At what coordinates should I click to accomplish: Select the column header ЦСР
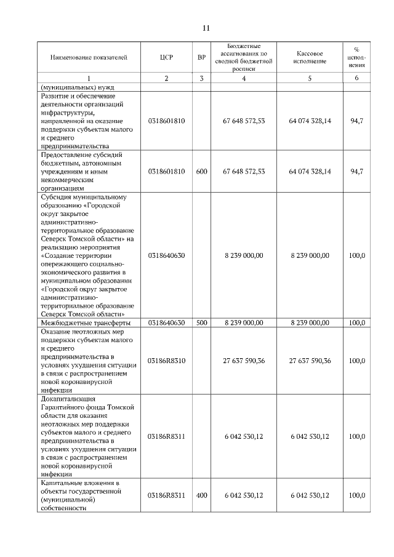tap(166, 57)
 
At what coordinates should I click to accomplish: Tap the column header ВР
tap(201, 57)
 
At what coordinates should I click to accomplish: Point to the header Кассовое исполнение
tap(310, 57)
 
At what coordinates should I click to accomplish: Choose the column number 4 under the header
tap(244, 78)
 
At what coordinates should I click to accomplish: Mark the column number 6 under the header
tap(356, 78)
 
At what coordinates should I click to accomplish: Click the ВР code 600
tap(201, 172)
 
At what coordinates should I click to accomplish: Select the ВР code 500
tap(201, 322)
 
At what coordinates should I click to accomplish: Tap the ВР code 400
tap(201, 495)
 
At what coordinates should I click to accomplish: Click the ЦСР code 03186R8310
tap(166, 361)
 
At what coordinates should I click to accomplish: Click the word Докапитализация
tap(68, 399)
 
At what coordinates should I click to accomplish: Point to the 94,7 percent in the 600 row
tap(356, 172)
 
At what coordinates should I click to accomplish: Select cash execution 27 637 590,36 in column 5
tap(310, 361)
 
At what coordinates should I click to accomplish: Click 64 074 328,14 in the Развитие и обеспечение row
tap(310, 121)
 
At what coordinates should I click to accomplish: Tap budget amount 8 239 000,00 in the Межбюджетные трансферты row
tap(244, 322)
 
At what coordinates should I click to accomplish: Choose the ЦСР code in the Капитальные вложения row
tap(166, 495)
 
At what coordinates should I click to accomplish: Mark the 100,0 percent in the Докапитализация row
tap(356, 436)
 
